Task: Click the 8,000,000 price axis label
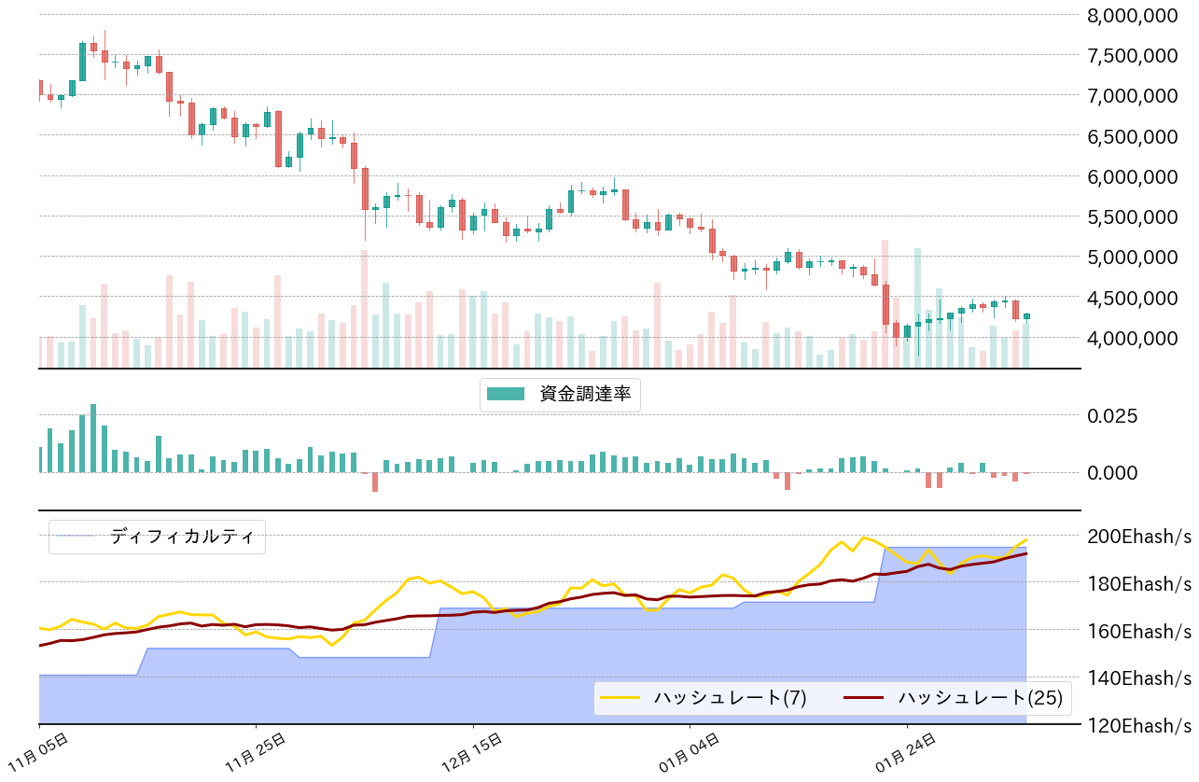point(1132,15)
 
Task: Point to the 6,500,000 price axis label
point(1132,135)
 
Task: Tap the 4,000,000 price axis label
point(1132,337)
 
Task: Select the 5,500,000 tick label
point(1132,216)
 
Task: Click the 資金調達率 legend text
point(585,395)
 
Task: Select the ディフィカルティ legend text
point(182,537)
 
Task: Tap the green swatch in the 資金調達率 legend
point(507,395)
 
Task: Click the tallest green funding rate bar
point(93,438)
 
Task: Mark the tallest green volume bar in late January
point(918,308)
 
